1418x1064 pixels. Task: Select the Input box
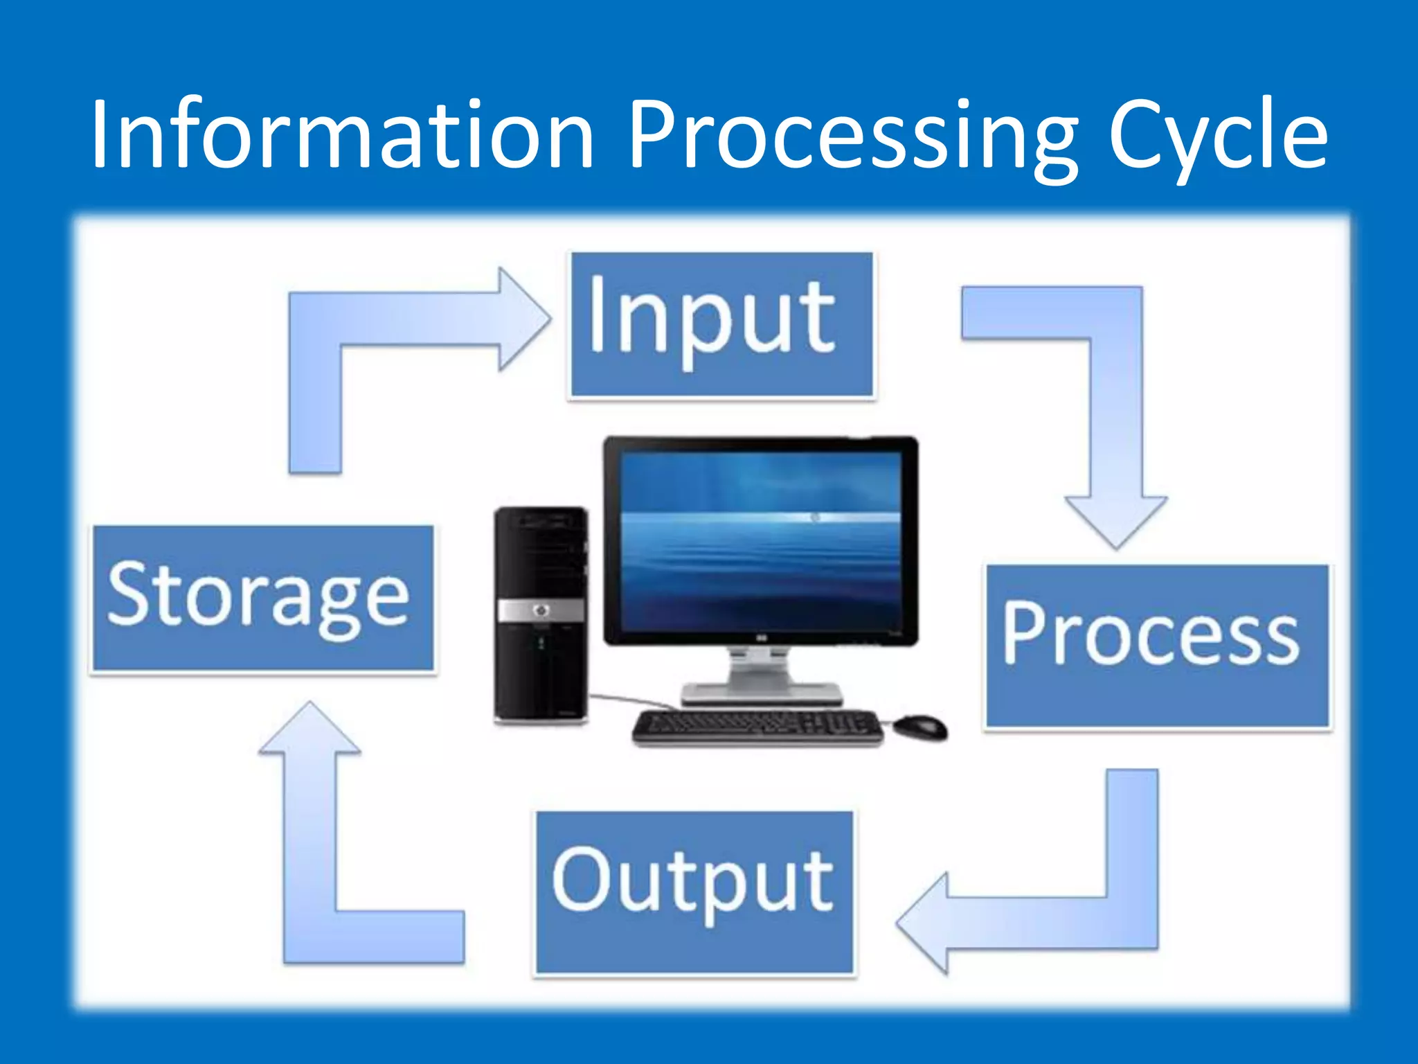[x=721, y=325]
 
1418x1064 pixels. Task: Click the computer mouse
[x=919, y=727]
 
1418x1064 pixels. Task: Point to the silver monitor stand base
[x=762, y=693]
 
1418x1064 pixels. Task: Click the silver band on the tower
[x=541, y=610]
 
